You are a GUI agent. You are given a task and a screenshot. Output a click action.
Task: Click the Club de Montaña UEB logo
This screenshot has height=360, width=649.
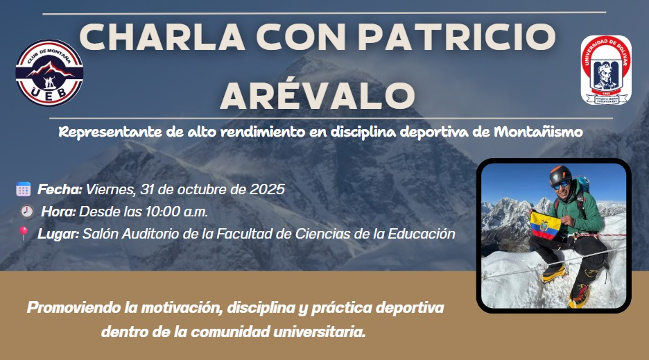pyautogui.click(x=49, y=73)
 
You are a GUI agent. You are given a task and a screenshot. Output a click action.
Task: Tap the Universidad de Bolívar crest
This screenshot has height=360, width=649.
pyautogui.click(x=606, y=69)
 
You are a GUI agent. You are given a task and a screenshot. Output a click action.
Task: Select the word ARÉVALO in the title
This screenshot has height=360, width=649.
pyautogui.click(x=318, y=95)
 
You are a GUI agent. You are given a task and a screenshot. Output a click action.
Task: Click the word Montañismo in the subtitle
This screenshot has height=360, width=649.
pyautogui.click(x=539, y=132)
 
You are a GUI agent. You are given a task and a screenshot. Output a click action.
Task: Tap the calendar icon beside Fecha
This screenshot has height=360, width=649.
pyautogui.click(x=23, y=189)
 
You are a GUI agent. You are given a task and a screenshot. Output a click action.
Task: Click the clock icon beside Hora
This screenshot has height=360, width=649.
pyautogui.click(x=27, y=212)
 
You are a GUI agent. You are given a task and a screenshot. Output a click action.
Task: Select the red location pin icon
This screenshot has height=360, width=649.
pyautogui.click(x=23, y=233)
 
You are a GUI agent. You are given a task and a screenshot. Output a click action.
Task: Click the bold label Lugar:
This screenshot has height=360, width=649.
pyautogui.click(x=58, y=234)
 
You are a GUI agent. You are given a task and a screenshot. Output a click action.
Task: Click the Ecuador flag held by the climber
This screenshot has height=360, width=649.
pyautogui.click(x=545, y=225)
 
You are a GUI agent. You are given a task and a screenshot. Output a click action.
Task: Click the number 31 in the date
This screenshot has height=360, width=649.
pyautogui.click(x=147, y=189)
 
